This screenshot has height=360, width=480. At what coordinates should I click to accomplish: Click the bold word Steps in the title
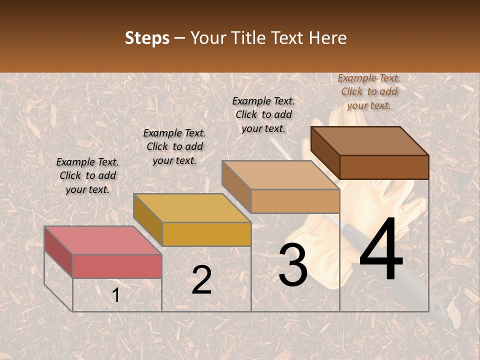tap(147, 38)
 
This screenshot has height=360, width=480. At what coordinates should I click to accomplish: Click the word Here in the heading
tap(327, 38)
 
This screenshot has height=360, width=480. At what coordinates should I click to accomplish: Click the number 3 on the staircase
tap(292, 265)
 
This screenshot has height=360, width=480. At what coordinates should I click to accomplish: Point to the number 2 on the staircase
tap(201, 280)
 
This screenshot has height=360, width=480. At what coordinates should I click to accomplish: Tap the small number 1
tap(115, 295)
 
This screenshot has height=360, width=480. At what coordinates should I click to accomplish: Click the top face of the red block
tap(102, 240)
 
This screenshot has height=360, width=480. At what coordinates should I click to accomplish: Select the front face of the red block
tap(117, 266)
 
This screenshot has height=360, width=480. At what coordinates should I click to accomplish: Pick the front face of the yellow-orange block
tap(206, 234)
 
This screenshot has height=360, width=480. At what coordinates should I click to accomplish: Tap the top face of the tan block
tap(280, 175)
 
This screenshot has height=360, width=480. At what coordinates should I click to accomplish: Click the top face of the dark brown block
tap(369, 140)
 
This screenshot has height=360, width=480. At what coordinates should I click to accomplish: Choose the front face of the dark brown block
tap(384, 167)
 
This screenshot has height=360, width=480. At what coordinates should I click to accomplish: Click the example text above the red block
tap(87, 175)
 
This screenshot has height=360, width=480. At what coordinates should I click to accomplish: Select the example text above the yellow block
tap(174, 146)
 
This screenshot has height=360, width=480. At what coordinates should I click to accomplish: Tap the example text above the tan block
tap(263, 114)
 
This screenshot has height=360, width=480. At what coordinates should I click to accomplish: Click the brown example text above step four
tap(369, 91)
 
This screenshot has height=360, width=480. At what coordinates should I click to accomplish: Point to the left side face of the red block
tap(58, 252)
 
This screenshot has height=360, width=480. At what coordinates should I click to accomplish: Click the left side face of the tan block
tap(236, 186)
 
